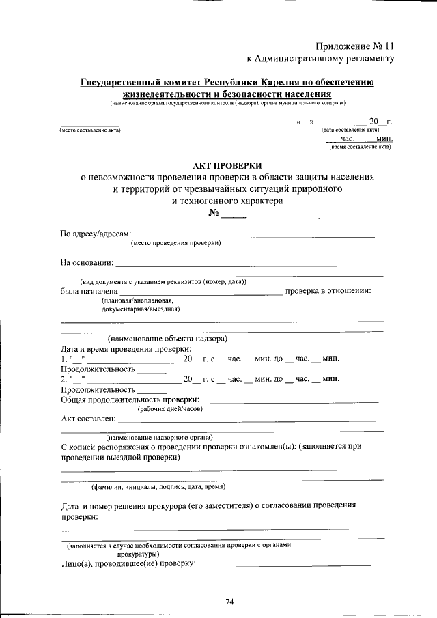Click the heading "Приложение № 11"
point(355,46)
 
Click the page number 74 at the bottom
point(229,601)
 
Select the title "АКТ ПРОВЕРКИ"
point(227,165)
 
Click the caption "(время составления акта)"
point(360,146)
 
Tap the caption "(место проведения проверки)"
point(175,242)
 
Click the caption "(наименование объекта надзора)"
point(167,339)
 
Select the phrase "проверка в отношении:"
point(328,291)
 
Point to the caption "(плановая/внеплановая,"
point(139,300)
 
